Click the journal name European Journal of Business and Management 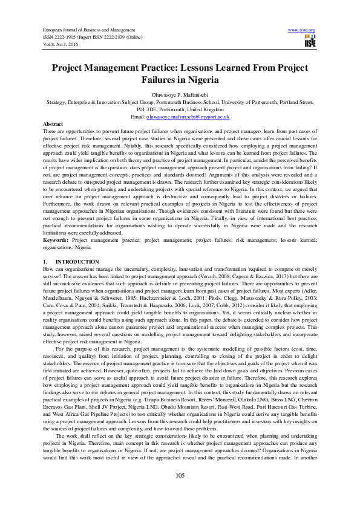point(89,29)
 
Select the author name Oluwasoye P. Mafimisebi point(180,95)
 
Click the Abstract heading point(53,123)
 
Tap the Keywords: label point(56,240)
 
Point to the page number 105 point(180,476)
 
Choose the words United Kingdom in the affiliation point(206,109)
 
